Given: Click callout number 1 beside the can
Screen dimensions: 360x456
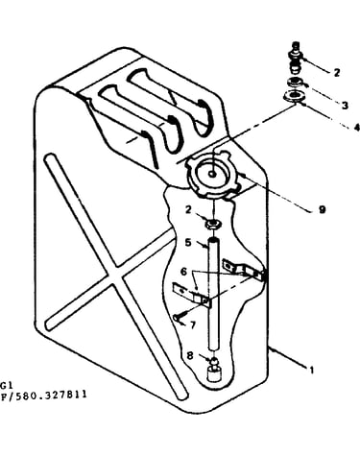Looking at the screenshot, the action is point(311,370).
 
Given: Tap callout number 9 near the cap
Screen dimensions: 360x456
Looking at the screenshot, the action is point(322,209).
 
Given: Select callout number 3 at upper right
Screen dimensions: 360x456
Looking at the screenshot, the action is point(345,105).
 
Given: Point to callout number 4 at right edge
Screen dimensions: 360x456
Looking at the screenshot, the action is point(357,127).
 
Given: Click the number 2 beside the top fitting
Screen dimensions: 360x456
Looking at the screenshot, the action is point(336,72).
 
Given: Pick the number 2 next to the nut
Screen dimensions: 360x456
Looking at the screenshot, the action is point(188,209).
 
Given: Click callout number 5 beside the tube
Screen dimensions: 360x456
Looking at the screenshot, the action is point(188,242).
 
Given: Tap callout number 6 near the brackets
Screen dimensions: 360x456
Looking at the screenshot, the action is point(183,272).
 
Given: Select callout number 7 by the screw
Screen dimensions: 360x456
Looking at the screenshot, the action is point(192,325).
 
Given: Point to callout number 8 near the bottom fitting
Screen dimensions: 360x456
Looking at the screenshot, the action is point(190,355).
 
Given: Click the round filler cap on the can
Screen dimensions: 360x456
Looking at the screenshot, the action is point(212,175).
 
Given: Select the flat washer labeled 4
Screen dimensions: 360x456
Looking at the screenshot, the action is point(294,96).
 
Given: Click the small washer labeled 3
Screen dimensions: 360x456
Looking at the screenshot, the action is point(295,83).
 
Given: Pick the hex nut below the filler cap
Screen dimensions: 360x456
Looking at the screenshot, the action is point(212,223).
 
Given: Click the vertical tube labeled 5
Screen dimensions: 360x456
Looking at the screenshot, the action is point(213,293).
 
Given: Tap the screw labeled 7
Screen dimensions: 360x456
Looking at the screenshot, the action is point(180,317).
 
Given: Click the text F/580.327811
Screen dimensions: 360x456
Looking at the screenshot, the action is point(44,394).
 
